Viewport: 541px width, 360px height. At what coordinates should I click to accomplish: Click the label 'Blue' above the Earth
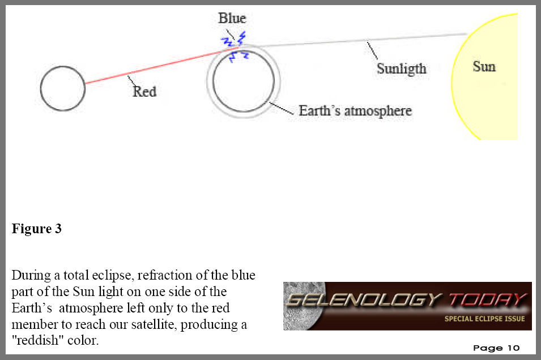(x=232, y=18)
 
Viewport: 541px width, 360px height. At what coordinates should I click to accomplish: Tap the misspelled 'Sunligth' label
(x=402, y=69)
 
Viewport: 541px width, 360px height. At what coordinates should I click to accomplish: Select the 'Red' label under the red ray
(x=144, y=92)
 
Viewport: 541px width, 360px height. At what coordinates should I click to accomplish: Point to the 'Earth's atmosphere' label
(x=355, y=111)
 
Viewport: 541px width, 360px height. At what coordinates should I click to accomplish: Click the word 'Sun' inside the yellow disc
(x=484, y=67)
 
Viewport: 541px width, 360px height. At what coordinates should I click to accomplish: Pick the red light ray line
(x=161, y=65)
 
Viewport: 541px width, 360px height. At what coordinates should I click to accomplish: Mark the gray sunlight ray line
(x=352, y=40)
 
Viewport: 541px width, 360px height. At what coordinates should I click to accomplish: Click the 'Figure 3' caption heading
(x=37, y=229)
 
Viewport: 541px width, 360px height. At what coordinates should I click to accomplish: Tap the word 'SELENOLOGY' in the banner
(x=364, y=299)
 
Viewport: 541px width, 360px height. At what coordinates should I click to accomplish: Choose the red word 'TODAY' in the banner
(x=488, y=299)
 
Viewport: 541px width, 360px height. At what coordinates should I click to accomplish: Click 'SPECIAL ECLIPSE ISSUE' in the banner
(x=484, y=319)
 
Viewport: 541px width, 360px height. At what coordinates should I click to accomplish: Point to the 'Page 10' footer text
(x=496, y=348)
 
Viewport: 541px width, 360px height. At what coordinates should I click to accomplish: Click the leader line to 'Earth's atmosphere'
(x=281, y=108)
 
